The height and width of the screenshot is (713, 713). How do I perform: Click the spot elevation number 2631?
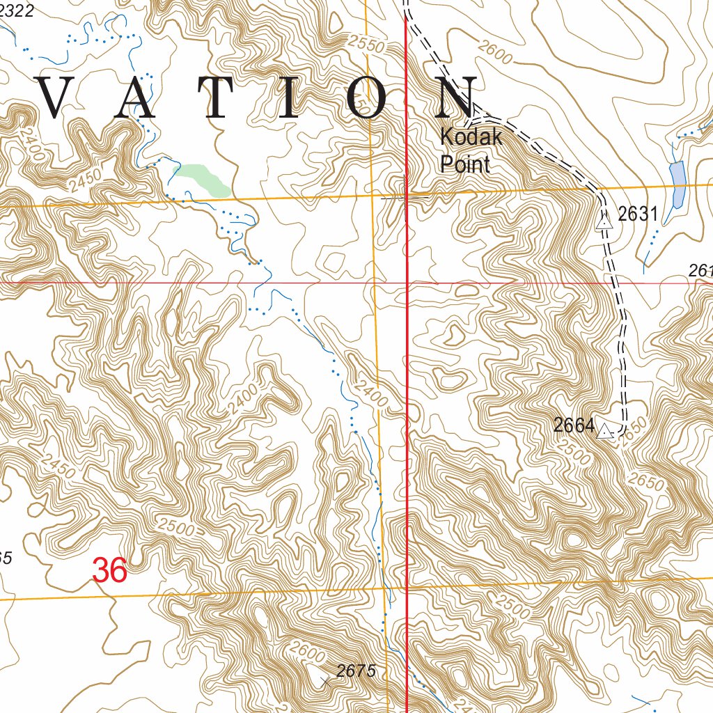pos(638,214)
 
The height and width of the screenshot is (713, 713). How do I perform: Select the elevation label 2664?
pos(574,425)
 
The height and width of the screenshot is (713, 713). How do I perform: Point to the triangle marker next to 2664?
pos(605,431)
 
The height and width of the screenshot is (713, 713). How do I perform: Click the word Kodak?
pos(471,137)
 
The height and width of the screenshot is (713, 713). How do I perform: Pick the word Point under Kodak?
pos(464,164)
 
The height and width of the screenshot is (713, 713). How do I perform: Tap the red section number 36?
pos(110,571)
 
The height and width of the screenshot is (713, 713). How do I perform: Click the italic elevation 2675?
pos(356,671)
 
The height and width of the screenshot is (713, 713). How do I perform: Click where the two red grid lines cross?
pos(407,283)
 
